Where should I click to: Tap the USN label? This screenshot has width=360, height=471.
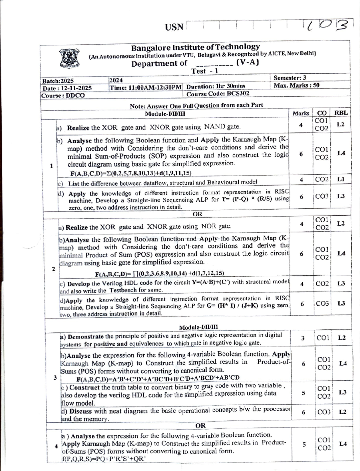tap(174, 27)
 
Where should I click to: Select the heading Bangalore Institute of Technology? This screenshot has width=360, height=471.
tap(196, 47)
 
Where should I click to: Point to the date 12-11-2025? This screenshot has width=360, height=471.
tap(76, 88)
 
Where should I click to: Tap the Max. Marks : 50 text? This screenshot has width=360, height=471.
tap(296, 85)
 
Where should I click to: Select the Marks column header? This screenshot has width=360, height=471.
tap(301, 113)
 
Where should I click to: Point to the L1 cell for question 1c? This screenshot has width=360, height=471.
tap(341, 179)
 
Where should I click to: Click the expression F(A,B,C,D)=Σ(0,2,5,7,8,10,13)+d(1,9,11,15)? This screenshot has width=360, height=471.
tap(131, 173)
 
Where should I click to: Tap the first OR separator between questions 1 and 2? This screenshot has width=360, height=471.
tap(197, 214)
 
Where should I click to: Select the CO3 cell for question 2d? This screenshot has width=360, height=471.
tap(322, 304)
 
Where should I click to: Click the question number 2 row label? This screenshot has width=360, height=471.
tap(53, 269)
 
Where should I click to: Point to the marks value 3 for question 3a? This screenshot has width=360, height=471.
tap(303, 338)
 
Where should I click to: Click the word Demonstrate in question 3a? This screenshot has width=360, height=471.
tap(86, 337)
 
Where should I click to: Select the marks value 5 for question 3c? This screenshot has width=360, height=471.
tap(303, 392)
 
